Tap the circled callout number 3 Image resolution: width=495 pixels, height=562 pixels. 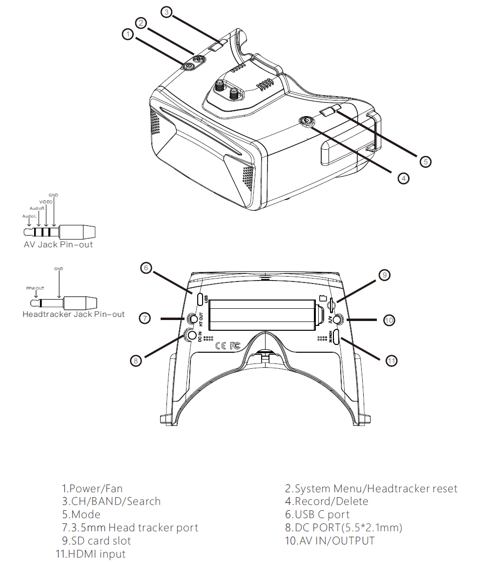[167, 12]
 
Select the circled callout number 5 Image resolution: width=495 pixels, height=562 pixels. [426, 161]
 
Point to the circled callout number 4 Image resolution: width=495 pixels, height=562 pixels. [403, 178]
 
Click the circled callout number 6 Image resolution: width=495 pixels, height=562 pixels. [145, 267]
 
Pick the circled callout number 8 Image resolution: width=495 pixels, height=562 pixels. [136, 361]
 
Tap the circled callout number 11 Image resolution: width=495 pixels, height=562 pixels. [391, 361]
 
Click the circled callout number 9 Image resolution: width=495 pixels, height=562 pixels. [384, 275]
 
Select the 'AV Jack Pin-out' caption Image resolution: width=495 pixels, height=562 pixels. [58, 244]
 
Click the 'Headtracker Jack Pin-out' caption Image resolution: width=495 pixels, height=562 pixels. [74, 314]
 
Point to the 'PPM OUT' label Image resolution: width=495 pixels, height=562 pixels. [35, 288]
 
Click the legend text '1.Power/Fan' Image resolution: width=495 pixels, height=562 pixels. [92, 488]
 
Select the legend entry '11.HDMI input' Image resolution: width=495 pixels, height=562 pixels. [90, 554]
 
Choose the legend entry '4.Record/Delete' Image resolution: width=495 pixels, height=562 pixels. [327, 502]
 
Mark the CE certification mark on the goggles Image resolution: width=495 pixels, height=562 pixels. [221, 345]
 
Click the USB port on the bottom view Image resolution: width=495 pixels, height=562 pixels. [200, 299]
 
